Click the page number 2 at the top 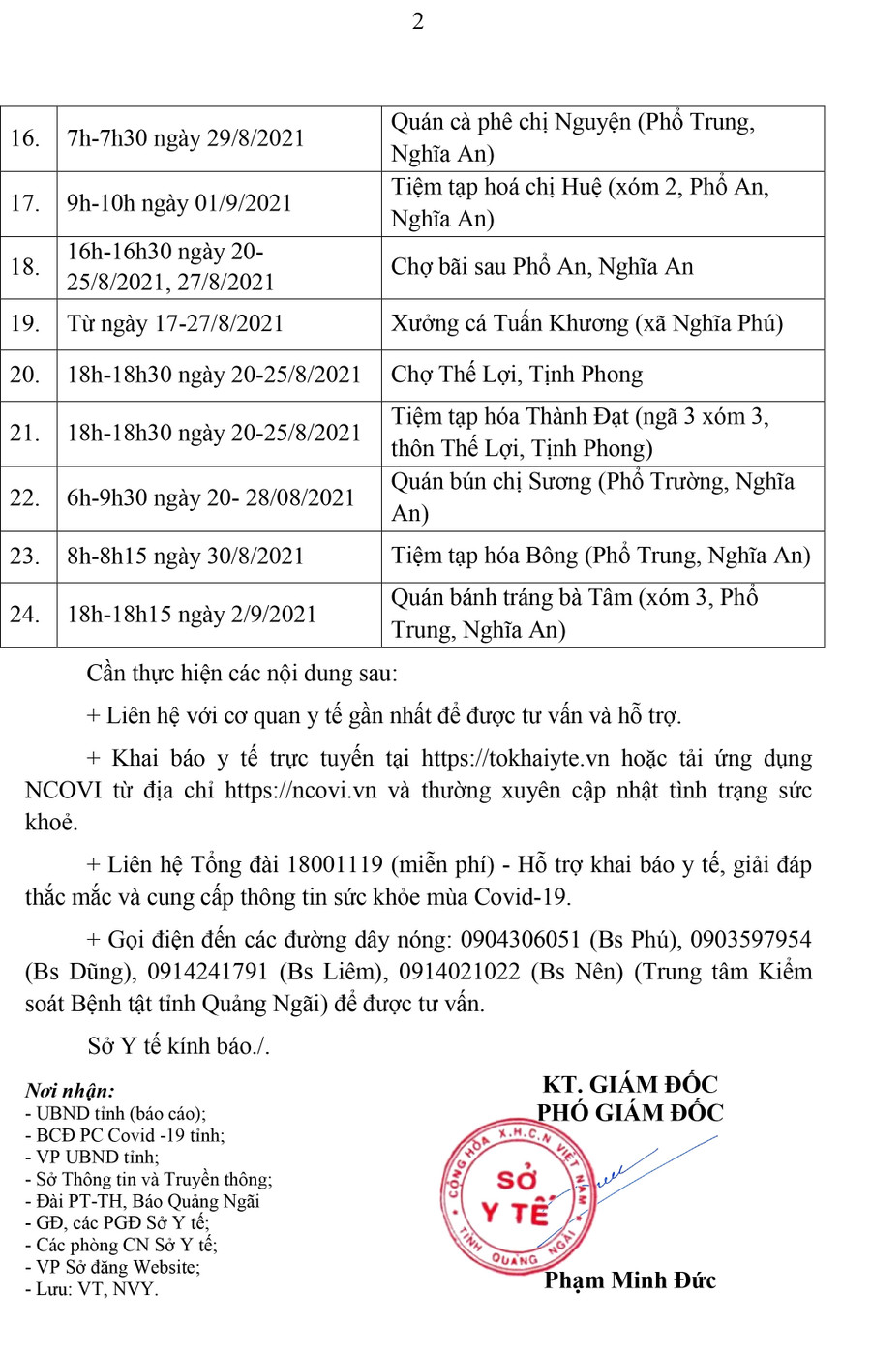(418, 21)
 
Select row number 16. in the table (25, 138)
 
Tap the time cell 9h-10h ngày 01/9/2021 (179, 203)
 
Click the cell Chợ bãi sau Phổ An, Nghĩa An (542, 267)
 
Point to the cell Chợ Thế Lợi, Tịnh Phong (517, 375)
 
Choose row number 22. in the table (25, 497)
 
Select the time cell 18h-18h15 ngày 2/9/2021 (192, 614)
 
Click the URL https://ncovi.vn (300, 790)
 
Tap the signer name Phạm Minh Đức (630, 1280)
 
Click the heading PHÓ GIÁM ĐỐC (630, 1113)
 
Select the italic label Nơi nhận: (70, 1092)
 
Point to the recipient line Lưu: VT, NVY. (93, 1289)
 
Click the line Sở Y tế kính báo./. (178, 1045)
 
